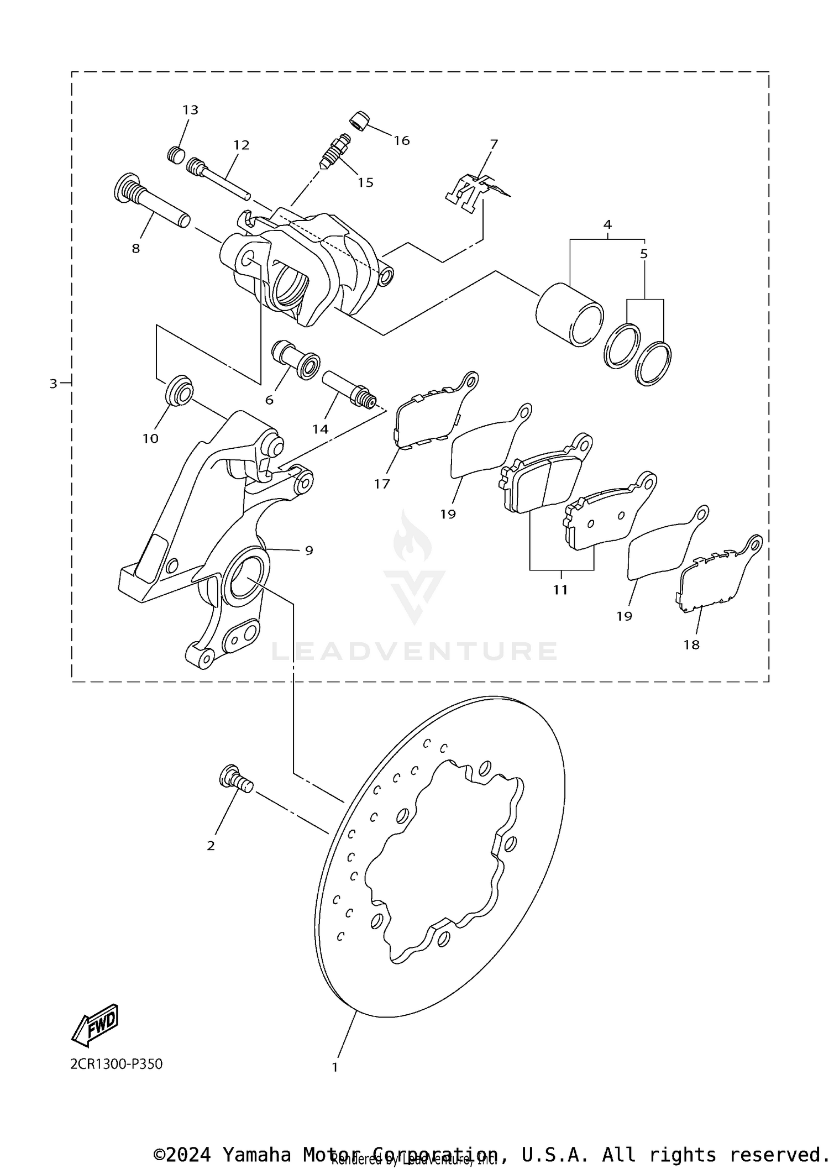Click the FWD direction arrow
(x=96, y=1025)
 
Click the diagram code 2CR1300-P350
(x=116, y=1064)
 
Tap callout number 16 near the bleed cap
(x=402, y=140)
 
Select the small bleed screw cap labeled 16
(x=359, y=120)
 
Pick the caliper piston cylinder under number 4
(x=569, y=314)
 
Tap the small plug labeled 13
(x=175, y=154)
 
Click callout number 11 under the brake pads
(x=560, y=590)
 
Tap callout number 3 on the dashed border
(x=53, y=384)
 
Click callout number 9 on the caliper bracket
(x=309, y=551)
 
